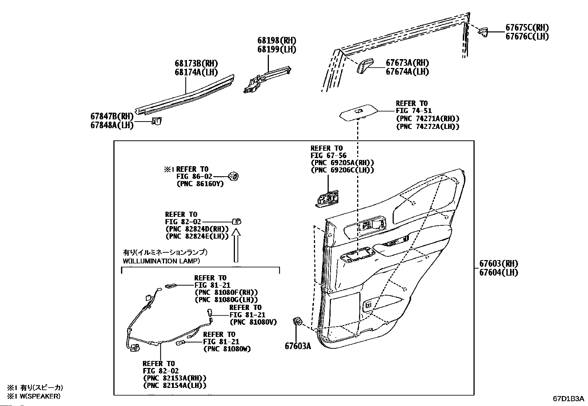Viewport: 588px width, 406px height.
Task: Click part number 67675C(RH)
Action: [x=527, y=27]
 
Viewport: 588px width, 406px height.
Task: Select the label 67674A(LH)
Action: [x=407, y=72]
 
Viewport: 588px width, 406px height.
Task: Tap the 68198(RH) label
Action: [x=277, y=41]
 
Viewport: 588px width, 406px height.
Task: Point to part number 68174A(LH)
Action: [x=196, y=72]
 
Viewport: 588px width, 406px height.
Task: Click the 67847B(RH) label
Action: [x=112, y=116]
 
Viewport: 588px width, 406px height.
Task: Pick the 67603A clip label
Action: [x=297, y=346]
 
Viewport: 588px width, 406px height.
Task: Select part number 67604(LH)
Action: [x=499, y=273]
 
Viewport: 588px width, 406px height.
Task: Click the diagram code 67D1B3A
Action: [x=568, y=399]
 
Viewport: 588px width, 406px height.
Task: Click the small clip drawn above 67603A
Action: [x=297, y=321]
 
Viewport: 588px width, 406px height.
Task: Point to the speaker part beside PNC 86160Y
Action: [x=233, y=177]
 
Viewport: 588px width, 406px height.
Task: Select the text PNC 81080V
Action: [x=253, y=322]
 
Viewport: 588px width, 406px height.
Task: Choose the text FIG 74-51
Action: [x=414, y=110]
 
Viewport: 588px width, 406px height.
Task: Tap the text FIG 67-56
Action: [x=329, y=156]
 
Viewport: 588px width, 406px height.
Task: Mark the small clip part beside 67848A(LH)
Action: [x=157, y=121]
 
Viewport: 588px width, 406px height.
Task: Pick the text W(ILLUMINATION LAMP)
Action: [x=161, y=261]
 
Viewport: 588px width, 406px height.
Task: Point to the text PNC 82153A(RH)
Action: [x=174, y=378]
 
